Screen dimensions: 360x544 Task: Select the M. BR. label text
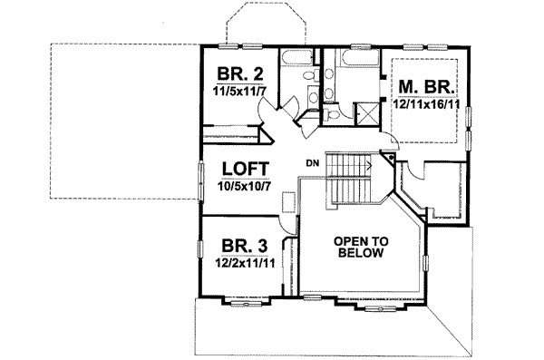coord(423,87)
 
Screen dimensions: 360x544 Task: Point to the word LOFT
coord(237,169)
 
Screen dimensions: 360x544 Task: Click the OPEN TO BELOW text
coord(359,247)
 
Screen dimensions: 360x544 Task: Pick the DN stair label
coord(312,163)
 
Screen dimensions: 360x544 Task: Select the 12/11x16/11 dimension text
coord(423,104)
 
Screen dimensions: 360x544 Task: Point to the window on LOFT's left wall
coord(200,178)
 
